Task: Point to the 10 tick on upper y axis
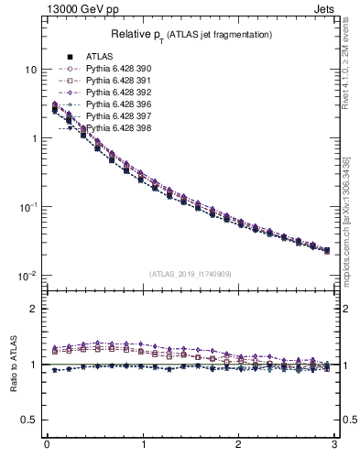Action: click(30, 70)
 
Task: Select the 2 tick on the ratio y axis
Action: click(34, 310)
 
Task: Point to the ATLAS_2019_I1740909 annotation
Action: click(191, 274)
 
